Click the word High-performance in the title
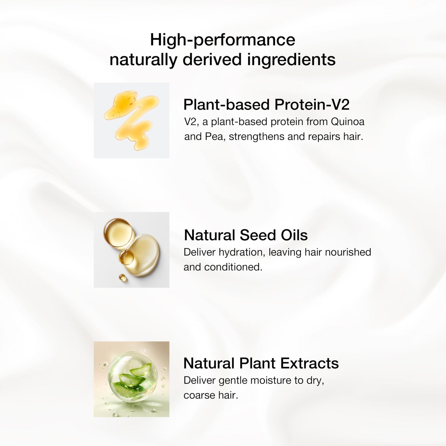(x=223, y=40)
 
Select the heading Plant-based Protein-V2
(x=266, y=105)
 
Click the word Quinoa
(x=348, y=122)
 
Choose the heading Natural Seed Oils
(x=246, y=235)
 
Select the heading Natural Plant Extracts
(x=261, y=363)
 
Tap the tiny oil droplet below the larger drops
(x=123, y=277)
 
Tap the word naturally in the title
(x=143, y=60)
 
